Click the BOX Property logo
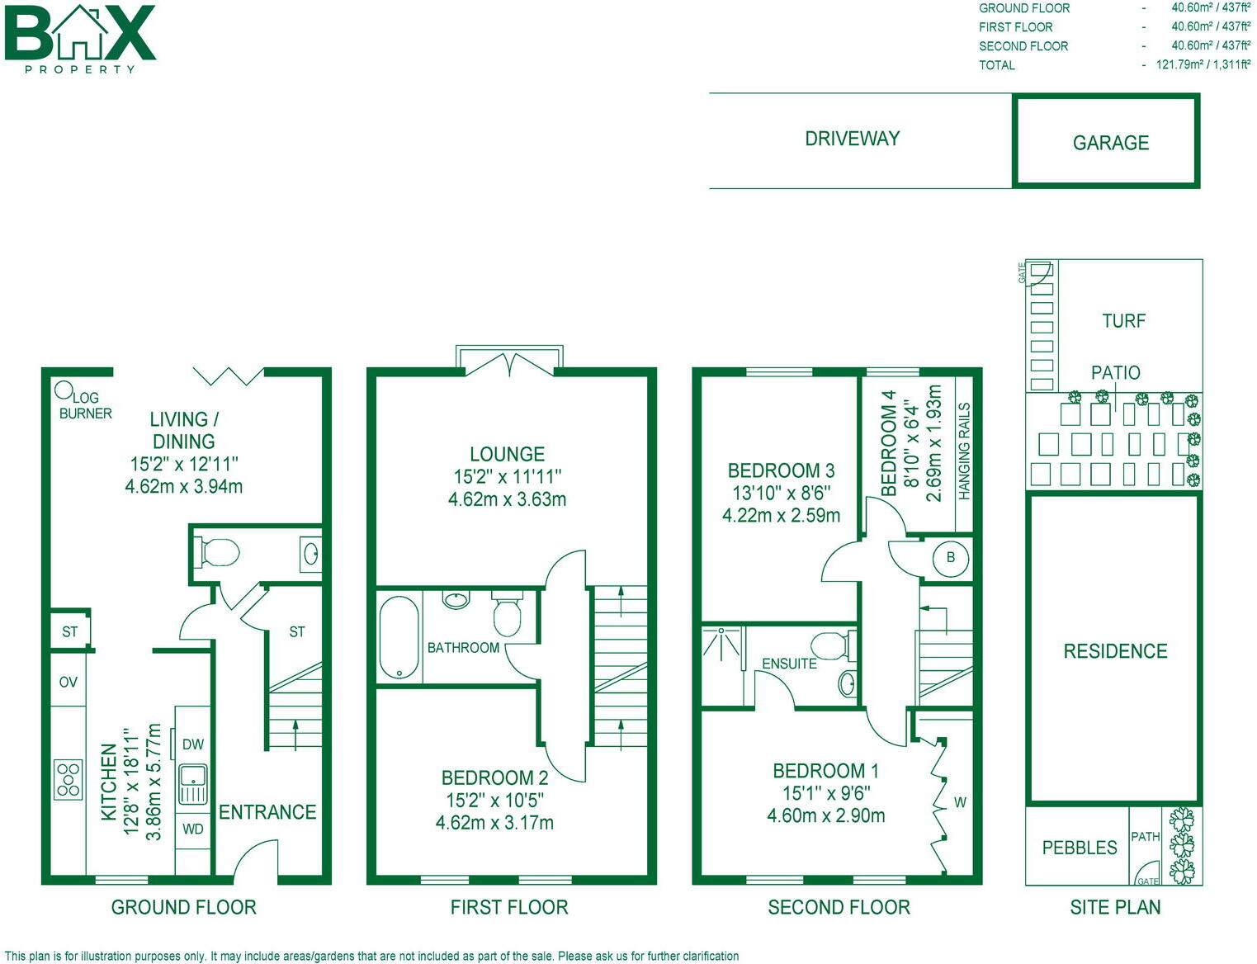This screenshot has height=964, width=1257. point(80,38)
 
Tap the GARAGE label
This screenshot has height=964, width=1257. point(1110,143)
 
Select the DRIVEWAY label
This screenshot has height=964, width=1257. point(852,139)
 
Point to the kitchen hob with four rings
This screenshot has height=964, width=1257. point(69,779)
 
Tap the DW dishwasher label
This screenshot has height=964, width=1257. point(193,744)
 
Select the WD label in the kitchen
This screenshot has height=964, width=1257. point(193,829)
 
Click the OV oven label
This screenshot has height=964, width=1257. point(69,682)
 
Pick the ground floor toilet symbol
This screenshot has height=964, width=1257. point(217,552)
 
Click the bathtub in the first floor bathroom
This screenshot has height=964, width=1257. point(399,637)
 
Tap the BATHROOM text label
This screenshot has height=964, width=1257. point(463,648)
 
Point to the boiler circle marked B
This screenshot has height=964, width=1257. point(950,558)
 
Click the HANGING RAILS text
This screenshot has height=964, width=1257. point(964,451)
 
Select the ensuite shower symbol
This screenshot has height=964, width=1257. point(721,645)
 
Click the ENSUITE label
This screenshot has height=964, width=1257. point(789,664)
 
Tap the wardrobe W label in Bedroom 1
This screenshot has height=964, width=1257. point(960,802)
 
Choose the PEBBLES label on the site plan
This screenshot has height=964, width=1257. point(1079,848)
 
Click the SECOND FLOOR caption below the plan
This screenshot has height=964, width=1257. point(839,907)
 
